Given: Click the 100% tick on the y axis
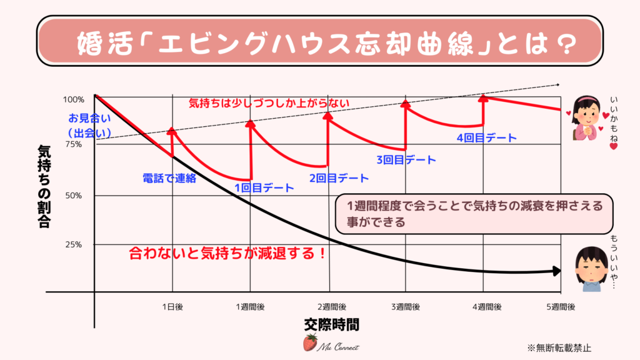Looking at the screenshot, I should tap(73, 99).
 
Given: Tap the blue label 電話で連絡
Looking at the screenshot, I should tap(169, 178).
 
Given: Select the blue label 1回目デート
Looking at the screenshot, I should tap(264, 187).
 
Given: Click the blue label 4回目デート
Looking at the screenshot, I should tap(487, 137).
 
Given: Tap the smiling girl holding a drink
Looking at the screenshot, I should tap(587, 119).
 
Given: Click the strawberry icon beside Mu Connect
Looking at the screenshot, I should tap(309, 342).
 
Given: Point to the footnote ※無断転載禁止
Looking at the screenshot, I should tap(559, 347).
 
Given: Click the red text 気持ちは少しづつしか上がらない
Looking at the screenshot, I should tap(269, 103).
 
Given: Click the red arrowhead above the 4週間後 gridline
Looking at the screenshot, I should tap(483, 97).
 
